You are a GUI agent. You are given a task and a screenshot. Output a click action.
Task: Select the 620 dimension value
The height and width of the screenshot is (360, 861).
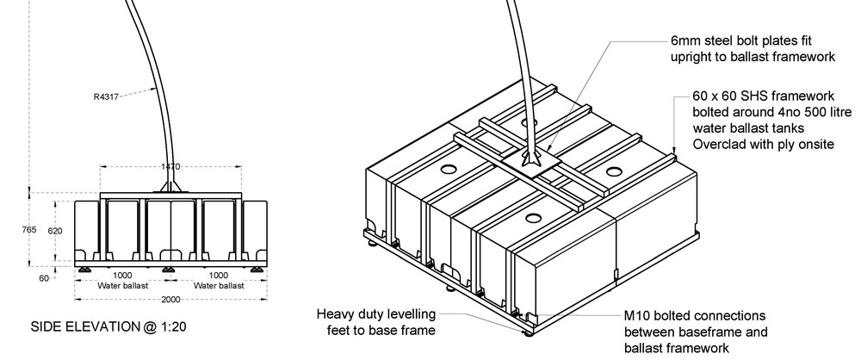pyautogui.click(x=55, y=232)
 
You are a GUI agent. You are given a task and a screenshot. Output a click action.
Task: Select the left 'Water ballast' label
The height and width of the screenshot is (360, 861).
pyautogui.click(x=123, y=285)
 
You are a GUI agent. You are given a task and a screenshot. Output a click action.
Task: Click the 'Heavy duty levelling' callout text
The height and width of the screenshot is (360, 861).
pyautogui.click(x=376, y=313)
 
